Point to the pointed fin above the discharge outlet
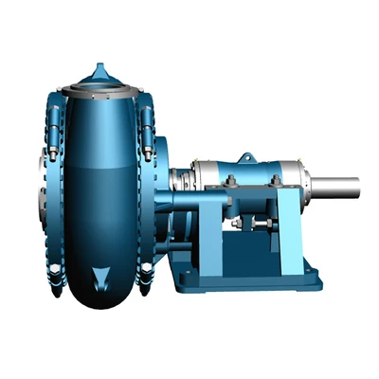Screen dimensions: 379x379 [101, 71]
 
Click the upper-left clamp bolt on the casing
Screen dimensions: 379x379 [54, 118]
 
